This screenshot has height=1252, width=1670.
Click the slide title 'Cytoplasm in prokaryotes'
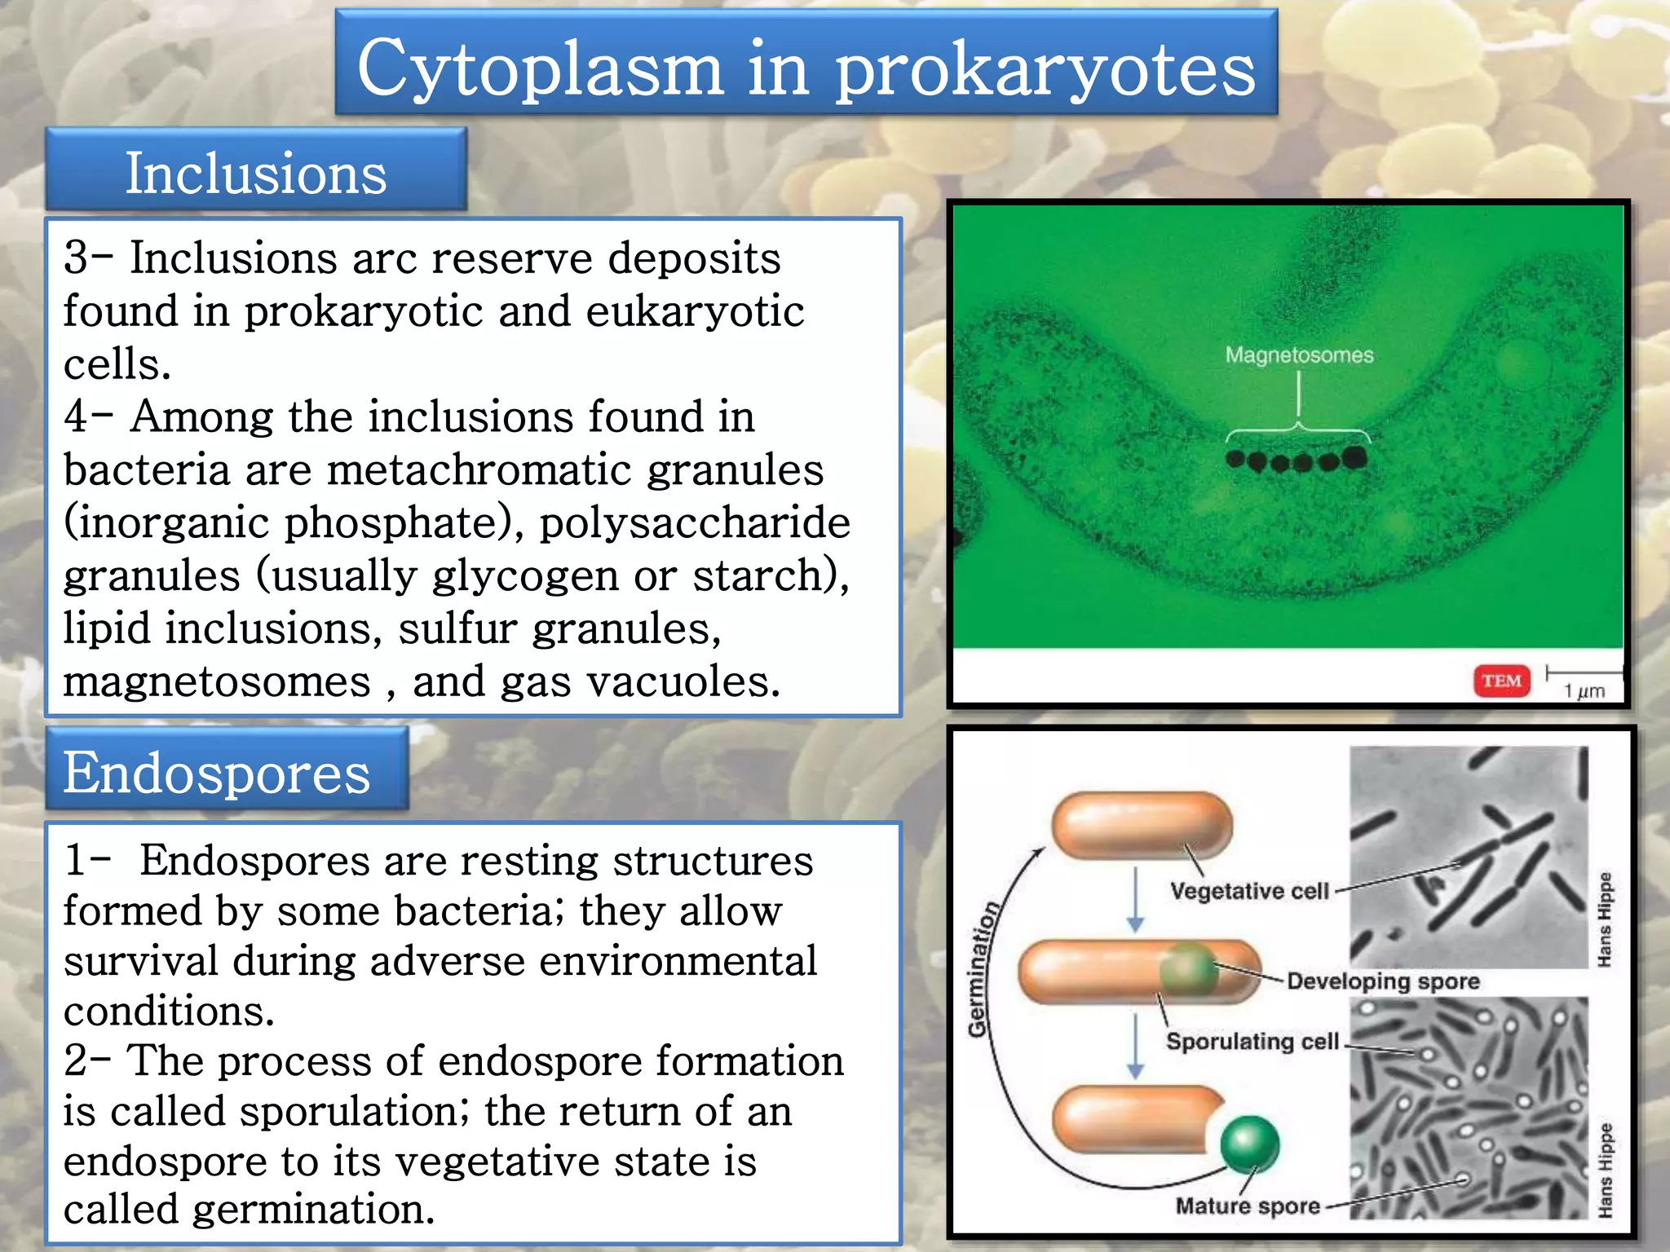point(806,67)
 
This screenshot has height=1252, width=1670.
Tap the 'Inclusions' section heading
point(255,173)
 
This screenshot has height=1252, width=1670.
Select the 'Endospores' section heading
point(217,773)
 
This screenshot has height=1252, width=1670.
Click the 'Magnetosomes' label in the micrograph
point(1299,355)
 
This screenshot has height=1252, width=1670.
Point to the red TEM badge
point(1501,681)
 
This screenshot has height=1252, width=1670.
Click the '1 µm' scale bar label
point(1584,691)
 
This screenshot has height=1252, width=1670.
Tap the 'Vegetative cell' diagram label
point(1249,891)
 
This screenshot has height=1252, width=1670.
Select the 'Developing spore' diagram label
point(1383,981)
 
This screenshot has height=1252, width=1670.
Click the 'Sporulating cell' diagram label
point(1252,1042)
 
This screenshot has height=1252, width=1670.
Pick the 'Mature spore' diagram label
point(1248,1206)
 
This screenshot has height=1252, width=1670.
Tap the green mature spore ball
point(1249,1144)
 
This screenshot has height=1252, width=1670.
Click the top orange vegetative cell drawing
point(1142,825)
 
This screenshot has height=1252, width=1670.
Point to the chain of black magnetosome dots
point(1297,461)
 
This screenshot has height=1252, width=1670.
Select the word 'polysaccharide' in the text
point(695,522)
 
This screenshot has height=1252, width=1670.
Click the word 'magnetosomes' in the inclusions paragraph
point(217,681)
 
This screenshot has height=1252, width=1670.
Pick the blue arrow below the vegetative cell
point(1136,900)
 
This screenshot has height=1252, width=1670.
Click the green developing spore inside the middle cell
point(1187,968)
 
